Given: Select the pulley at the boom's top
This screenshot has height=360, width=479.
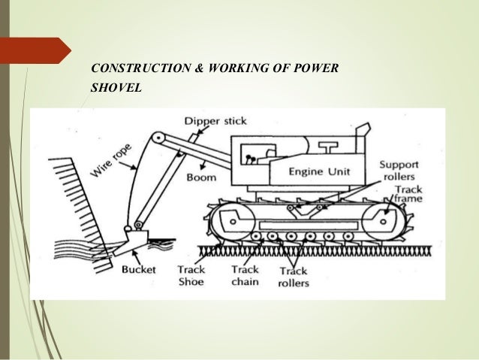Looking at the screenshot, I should (157, 138).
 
